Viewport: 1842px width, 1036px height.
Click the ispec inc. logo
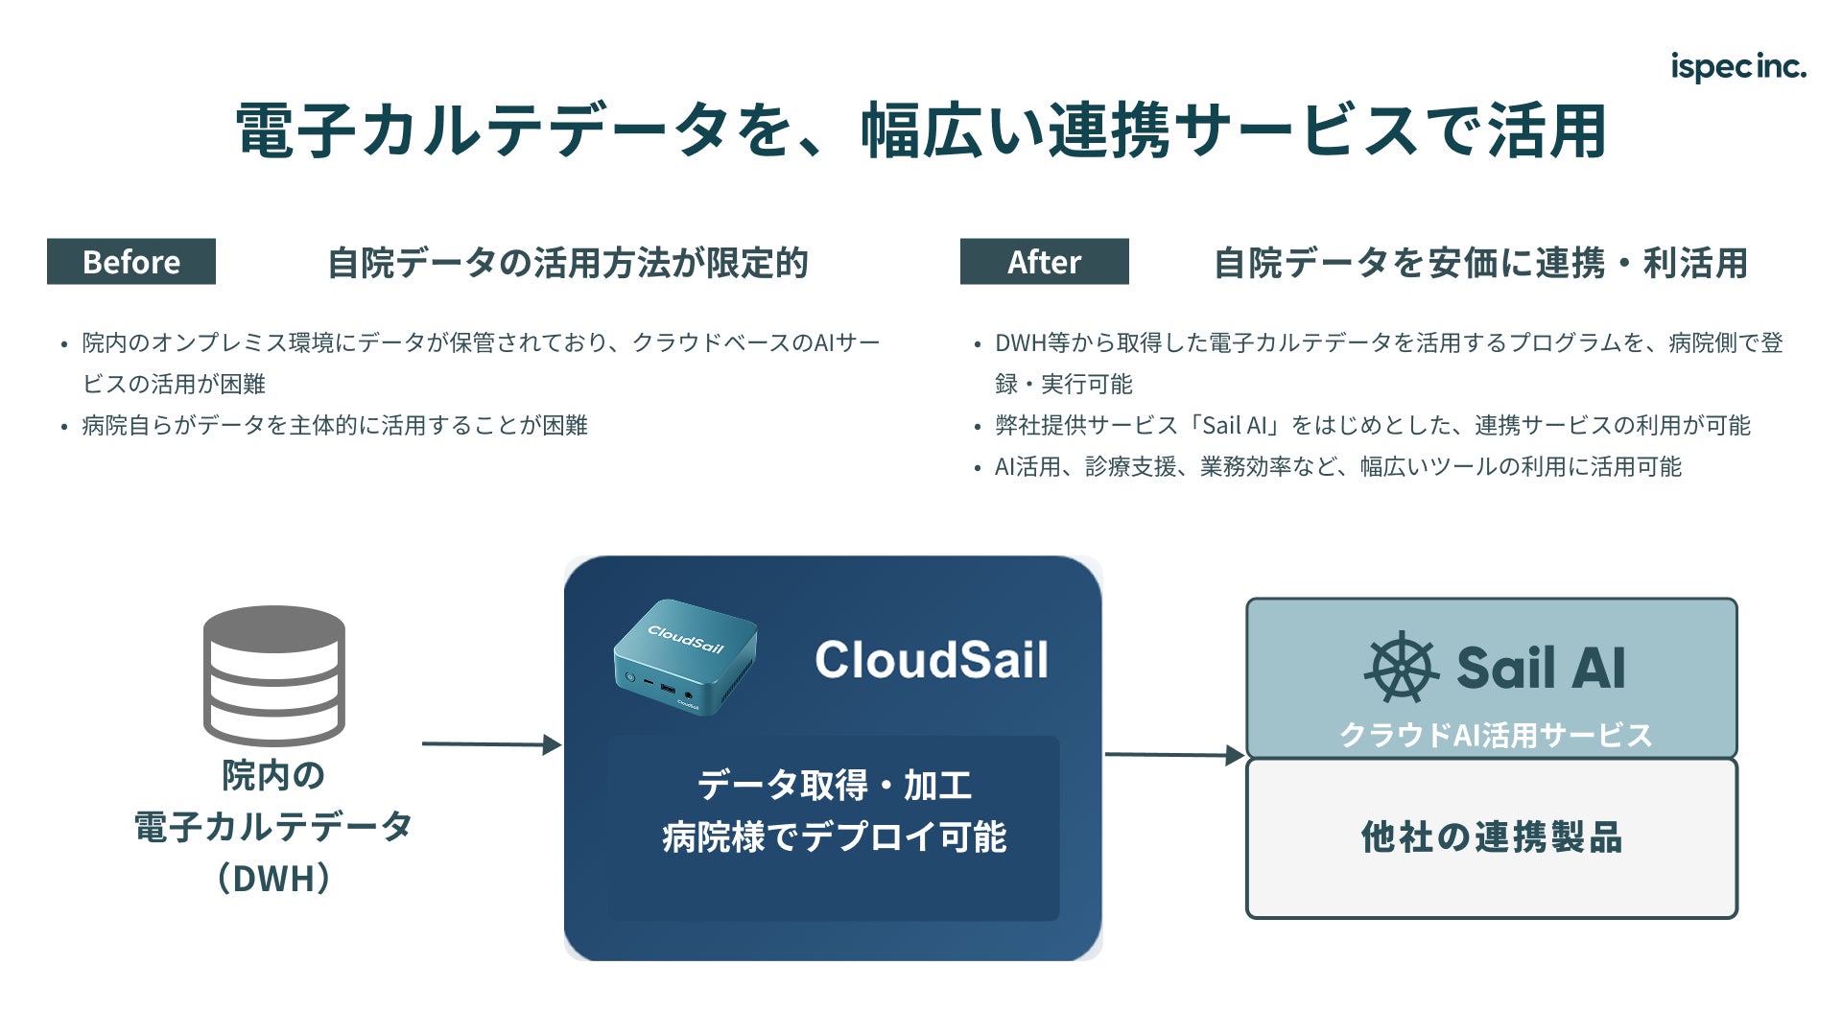point(1737,67)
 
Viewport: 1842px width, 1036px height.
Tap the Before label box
point(131,261)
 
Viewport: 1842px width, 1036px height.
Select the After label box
point(1044,261)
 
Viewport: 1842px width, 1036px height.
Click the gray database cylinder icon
point(274,675)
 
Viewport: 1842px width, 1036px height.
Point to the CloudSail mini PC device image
point(685,657)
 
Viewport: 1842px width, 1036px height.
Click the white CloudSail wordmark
point(932,660)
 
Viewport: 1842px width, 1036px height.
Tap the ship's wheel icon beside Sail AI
point(1402,667)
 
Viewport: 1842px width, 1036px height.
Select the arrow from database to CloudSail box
point(492,743)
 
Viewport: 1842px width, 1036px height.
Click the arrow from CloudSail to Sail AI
point(1175,755)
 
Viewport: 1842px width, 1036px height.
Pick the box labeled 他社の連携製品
point(1492,838)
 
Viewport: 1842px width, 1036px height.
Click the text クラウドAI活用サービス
point(1496,735)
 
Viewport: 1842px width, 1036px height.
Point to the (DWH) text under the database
point(274,878)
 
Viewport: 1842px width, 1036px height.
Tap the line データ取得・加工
point(834,786)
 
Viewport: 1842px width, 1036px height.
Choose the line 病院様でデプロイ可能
point(834,836)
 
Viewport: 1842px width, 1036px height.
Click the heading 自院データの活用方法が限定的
point(568,262)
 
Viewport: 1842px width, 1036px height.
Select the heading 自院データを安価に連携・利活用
point(1480,262)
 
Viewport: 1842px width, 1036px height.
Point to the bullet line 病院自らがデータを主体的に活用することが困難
point(335,425)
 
